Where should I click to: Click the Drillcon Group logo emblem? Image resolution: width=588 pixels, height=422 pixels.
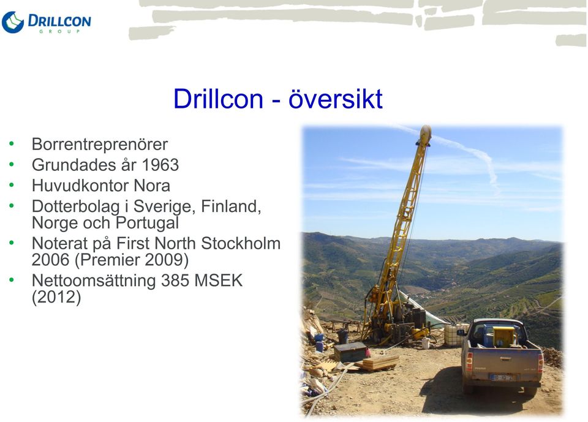pyautogui.click(x=13, y=22)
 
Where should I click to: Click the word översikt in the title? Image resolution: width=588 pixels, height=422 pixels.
pyautogui.click(x=336, y=99)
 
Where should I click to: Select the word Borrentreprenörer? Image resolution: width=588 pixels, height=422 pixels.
pyautogui.click(x=100, y=145)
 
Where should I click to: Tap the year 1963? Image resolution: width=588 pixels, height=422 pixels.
pyautogui.click(x=160, y=165)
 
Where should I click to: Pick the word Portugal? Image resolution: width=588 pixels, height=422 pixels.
pyautogui.click(x=148, y=223)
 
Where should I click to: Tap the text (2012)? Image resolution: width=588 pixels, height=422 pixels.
pyautogui.click(x=56, y=298)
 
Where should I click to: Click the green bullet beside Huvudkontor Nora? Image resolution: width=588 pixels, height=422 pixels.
pyautogui.click(x=12, y=185)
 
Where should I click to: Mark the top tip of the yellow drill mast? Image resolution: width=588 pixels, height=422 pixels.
pyautogui.click(x=426, y=126)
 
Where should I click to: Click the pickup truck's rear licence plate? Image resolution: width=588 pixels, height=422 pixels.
pyautogui.click(x=502, y=378)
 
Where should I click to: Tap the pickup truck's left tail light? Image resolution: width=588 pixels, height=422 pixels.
pyautogui.click(x=469, y=361)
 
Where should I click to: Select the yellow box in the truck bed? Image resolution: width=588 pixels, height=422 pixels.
pyautogui.click(x=504, y=336)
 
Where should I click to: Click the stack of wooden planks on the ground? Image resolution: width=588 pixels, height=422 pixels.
pyautogui.click(x=378, y=363)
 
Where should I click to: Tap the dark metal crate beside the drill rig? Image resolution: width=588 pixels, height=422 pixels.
pyautogui.click(x=351, y=352)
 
